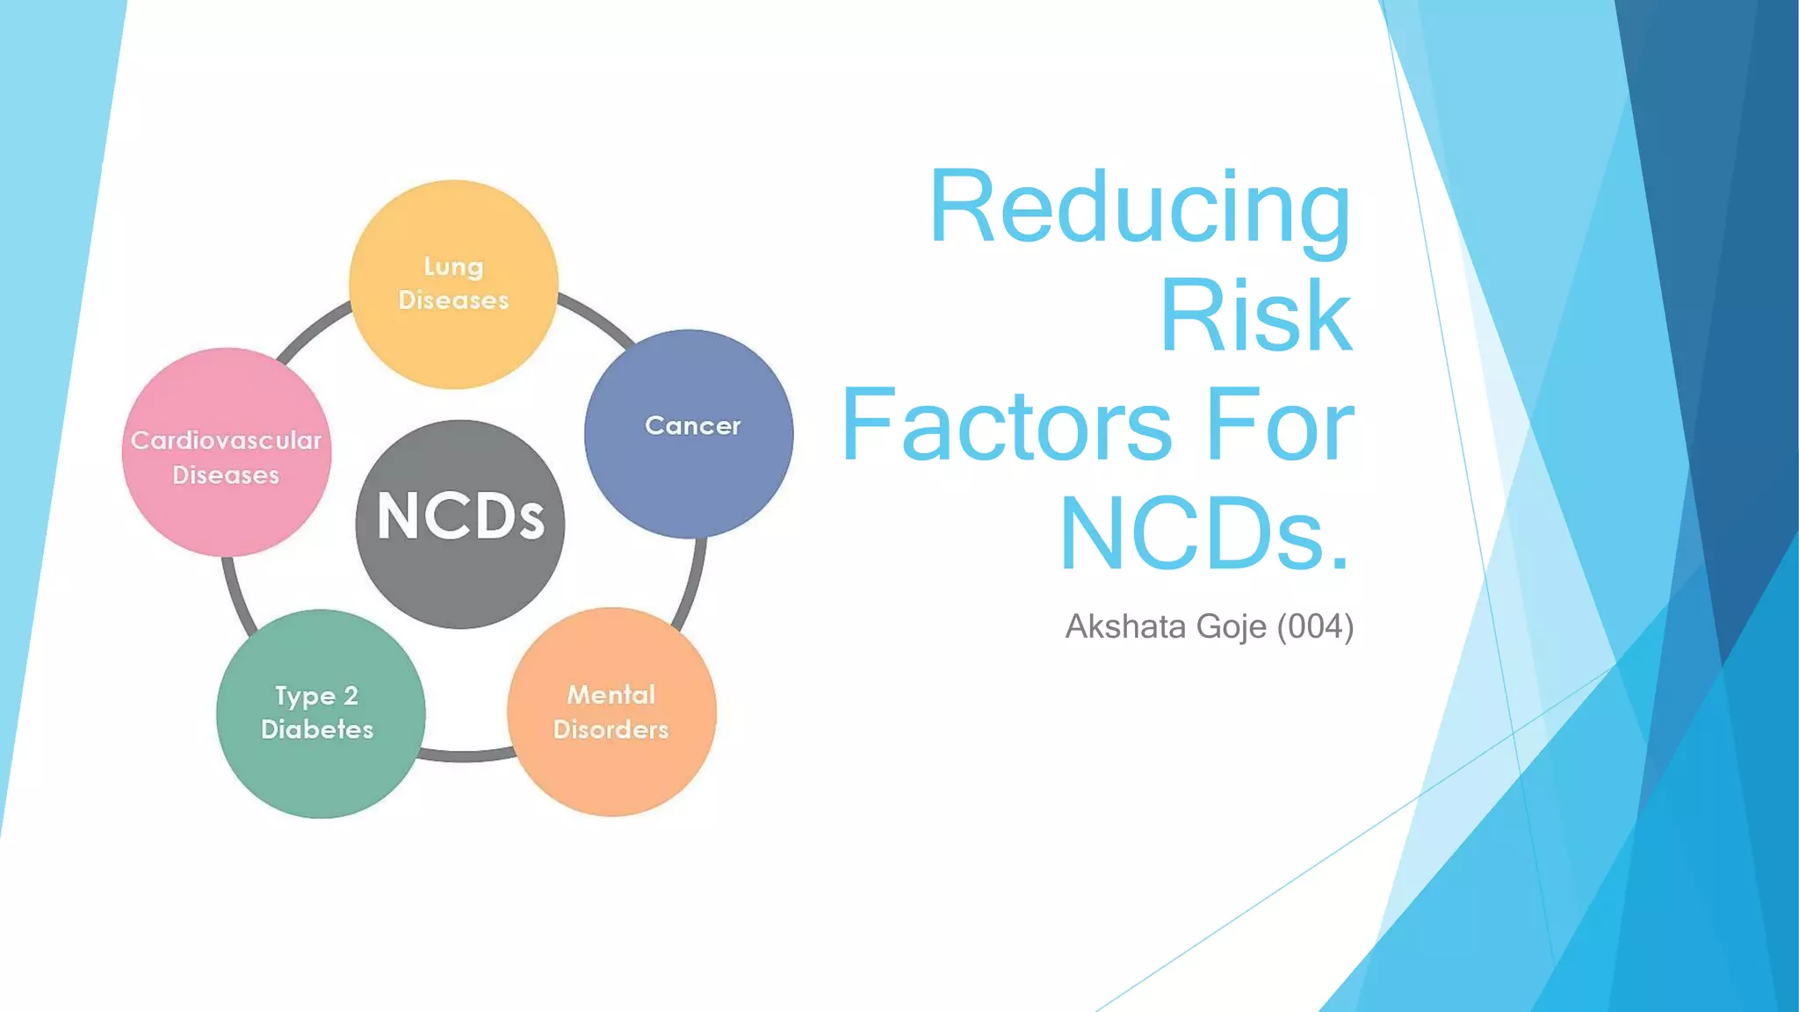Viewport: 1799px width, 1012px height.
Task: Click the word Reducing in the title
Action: [x=1139, y=208]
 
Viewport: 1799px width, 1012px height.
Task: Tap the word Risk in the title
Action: [x=1255, y=316]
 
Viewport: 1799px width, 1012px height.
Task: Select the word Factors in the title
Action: [x=1007, y=427]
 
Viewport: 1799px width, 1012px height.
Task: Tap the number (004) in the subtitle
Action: [x=1315, y=627]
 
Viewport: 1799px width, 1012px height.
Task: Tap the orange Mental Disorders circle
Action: [x=611, y=764]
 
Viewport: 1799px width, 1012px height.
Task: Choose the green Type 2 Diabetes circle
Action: [x=321, y=764]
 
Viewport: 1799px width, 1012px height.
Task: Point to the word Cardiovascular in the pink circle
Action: [x=227, y=440]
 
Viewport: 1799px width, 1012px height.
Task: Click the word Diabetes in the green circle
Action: [x=317, y=730]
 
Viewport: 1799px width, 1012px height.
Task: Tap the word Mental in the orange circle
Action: [x=611, y=695]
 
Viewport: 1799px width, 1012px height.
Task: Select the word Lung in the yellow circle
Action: [x=453, y=266]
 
